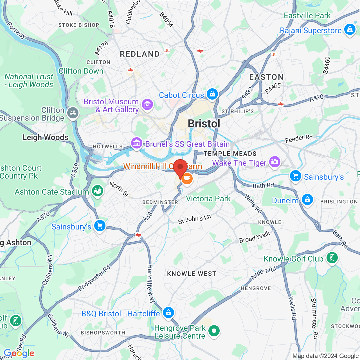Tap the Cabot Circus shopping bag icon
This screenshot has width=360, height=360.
(212, 93)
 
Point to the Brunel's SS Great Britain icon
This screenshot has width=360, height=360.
(137, 143)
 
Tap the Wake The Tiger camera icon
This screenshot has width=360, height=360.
(275, 162)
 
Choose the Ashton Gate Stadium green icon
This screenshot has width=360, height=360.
(98, 191)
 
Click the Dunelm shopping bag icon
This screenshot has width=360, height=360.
(307, 199)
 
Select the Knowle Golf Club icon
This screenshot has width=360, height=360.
(332, 258)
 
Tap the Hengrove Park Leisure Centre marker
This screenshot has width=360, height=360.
(214, 331)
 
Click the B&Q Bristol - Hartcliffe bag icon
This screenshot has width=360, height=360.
(168, 312)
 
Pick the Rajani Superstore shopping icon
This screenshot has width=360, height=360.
(350, 29)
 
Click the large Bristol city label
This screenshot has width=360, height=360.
(204, 123)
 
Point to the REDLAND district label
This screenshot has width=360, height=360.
(140, 54)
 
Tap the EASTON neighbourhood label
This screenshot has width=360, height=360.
(266, 77)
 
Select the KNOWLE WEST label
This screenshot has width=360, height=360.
(192, 274)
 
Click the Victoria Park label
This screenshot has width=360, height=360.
(208, 199)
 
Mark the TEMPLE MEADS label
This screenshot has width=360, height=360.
(230, 154)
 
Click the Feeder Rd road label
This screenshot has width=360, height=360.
(299, 138)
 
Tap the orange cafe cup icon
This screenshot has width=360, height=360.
(187, 178)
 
